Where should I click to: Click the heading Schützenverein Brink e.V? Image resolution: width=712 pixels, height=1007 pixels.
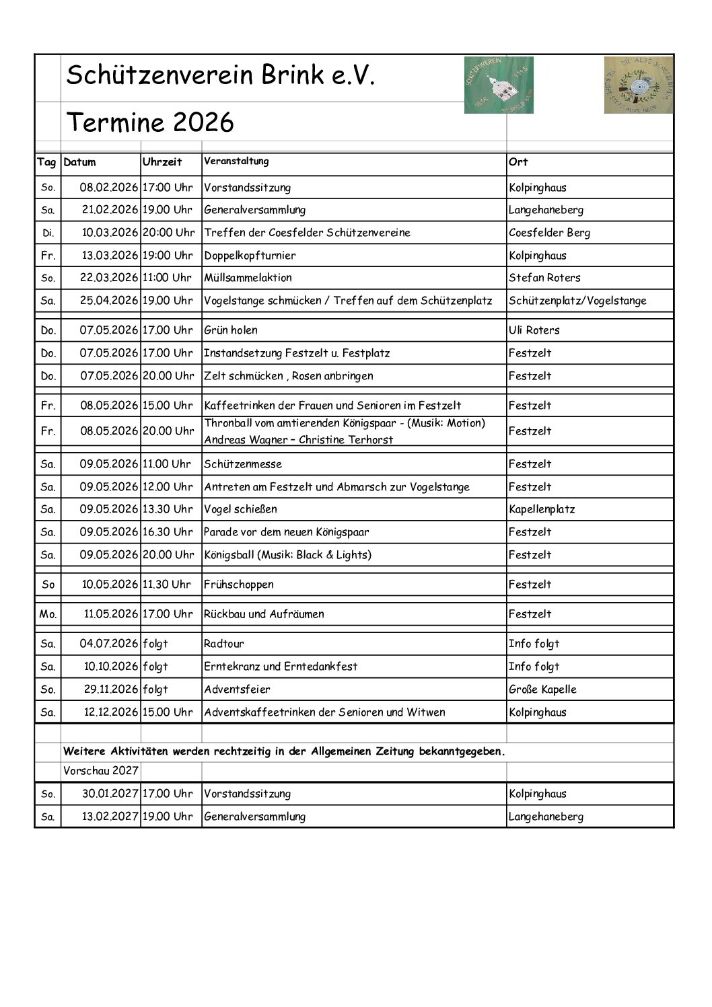click(220, 75)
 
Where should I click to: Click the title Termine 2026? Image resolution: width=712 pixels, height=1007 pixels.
click(150, 122)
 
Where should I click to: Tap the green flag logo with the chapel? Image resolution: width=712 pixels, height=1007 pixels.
click(498, 85)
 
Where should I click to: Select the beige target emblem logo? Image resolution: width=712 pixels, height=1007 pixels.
click(638, 85)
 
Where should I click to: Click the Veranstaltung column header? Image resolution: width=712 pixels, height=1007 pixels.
click(236, 161)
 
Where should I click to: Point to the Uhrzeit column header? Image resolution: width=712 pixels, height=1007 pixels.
click(162, 162)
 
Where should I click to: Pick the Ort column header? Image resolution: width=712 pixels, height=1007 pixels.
click(518, 162)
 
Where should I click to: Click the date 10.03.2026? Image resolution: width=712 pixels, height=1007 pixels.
click(110, 233)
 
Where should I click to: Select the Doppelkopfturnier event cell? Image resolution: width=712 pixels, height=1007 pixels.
click(250, 256)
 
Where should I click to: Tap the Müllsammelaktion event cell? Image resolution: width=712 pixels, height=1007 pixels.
click(248, 278)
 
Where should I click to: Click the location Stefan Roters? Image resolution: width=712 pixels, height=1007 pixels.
click(544, 278)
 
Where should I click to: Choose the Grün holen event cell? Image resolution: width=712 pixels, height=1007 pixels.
click(231, 330)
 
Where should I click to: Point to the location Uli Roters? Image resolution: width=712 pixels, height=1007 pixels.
click(534, 330)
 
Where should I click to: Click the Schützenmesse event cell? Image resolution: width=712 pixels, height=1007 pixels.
click(243, 464)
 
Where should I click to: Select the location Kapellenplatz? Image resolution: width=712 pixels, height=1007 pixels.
click(542, 509)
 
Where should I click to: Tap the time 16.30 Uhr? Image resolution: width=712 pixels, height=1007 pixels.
click(168, 532)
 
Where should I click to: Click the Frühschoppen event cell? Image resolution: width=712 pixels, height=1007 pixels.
click(239, 585)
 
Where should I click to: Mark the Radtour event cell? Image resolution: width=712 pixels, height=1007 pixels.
click(224, 644)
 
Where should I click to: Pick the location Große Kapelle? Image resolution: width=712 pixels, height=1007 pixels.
click(542, 689)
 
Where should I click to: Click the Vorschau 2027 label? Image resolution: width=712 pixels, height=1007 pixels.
click(101, 771)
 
